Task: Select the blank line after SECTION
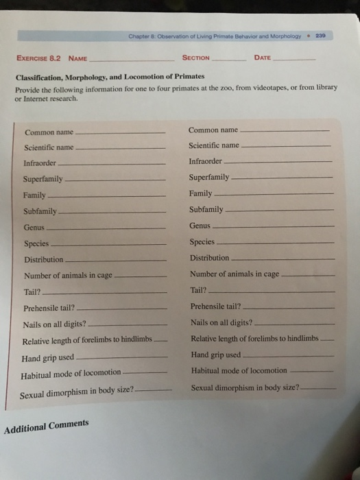[230, 59]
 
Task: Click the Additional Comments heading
[47, 427]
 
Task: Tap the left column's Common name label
[49, 132]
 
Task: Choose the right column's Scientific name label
[214, 145]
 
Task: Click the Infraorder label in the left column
[40, 163]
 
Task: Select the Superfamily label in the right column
[210, 178]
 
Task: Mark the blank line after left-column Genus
[106, 228]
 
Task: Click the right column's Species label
[202, 241]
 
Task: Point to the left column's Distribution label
[44, 260]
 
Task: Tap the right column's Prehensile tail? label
[215, 306]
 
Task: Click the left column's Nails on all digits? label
[54, 324]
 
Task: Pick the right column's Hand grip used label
[215, 355]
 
